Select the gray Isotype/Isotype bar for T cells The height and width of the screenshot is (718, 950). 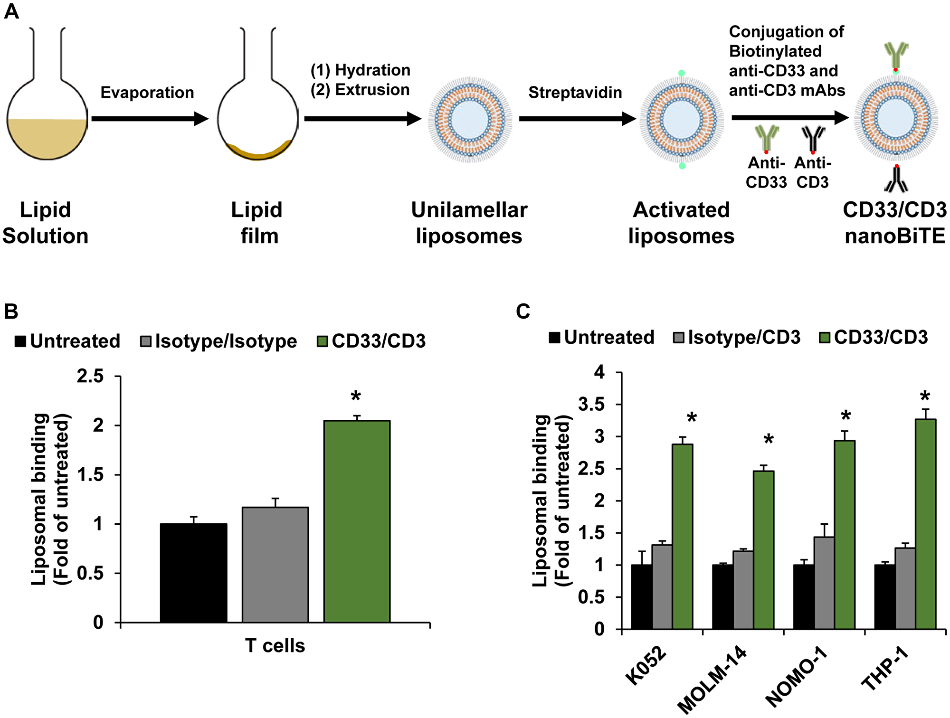click(x=275, y=565)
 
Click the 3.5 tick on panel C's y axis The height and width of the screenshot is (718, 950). click(x=591, y=405)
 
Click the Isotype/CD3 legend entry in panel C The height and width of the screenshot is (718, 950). click(x=737, y=337)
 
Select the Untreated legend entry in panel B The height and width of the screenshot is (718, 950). click(x=67, y=341)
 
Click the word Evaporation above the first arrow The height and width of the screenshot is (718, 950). click(x=147, y=92)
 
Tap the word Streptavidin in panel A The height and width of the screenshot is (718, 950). click(x=575, y=92)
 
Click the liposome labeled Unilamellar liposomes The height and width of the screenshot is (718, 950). click(x=470, y=120)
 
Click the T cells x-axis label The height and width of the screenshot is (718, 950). click(x=275, y=646)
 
